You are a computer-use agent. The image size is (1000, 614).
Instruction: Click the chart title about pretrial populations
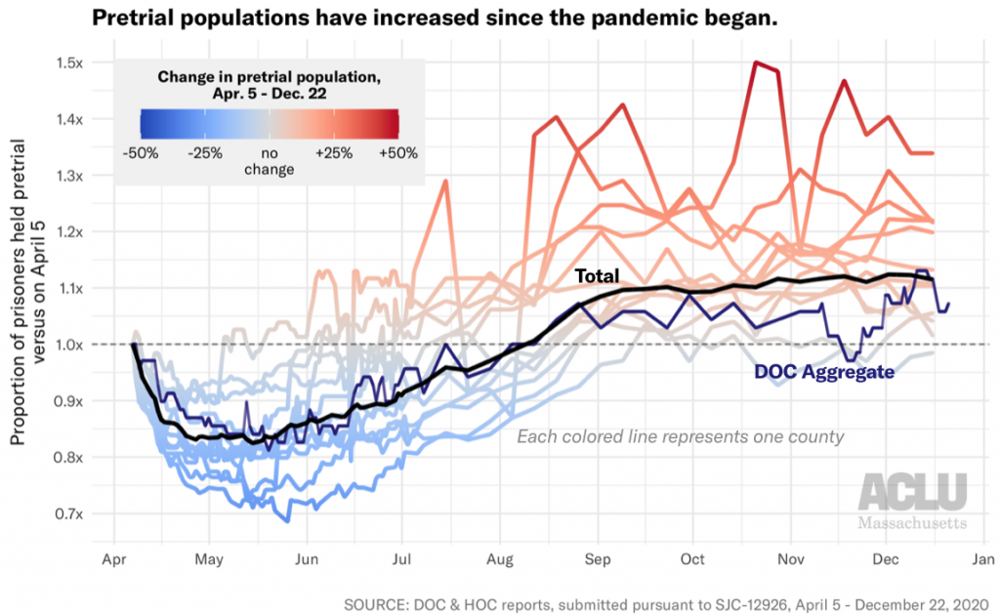click(x=435, y=19)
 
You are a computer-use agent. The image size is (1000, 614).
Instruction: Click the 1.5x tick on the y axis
click(x=69, y=62)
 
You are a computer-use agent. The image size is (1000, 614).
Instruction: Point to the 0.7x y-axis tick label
click(x=69, y=513)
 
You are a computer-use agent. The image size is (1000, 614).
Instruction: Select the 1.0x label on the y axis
click(x=69, y=345)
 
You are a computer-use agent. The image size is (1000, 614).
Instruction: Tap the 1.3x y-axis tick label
click(x=69, y=176)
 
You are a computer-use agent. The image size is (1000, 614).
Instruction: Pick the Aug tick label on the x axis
click(x=499, y=559)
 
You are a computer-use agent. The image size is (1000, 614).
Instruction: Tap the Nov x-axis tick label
click(x=790, y=559)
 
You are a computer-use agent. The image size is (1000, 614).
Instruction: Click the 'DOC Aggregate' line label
click(x=824, y=371)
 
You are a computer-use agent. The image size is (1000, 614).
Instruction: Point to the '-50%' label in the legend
click(x=143, y=153)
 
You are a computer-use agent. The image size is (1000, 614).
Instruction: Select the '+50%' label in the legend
click(x=398, y=153)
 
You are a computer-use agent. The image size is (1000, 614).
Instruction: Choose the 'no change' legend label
click(x=270, y=161)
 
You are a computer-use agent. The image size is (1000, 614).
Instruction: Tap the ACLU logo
click(x=913, y=491)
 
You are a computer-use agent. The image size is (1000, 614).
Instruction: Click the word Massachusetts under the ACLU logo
click(x=913, y=522)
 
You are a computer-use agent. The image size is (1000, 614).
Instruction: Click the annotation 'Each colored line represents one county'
click(x=680, y=436)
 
